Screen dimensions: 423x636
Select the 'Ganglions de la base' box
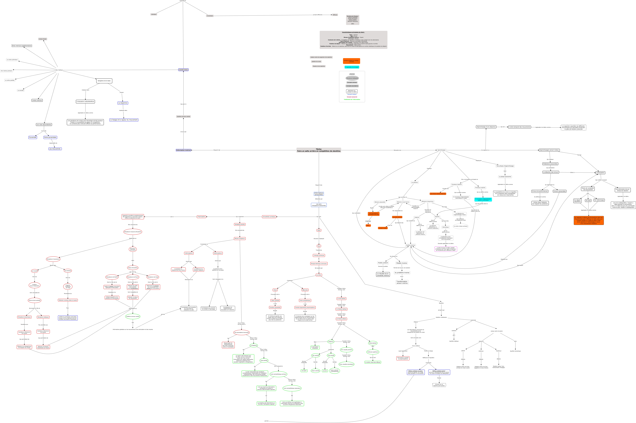click(104, 81)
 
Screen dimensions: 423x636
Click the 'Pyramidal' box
click(33, 137)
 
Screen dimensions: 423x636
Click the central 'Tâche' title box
click(319, 150)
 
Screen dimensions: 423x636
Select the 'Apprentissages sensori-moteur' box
click(549, 150)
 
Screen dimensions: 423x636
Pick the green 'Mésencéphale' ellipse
click(373, 343)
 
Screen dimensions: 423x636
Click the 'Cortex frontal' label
click(42, 39)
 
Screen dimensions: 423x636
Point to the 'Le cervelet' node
click(21, 90)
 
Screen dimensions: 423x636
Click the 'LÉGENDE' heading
click(352, 74)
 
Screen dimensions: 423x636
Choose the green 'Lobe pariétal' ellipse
click(264, 360)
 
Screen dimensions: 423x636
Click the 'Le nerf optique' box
click(341, 299)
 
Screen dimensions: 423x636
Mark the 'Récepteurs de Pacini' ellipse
click(133, 277)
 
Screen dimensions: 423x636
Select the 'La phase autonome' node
click(505, 177)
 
